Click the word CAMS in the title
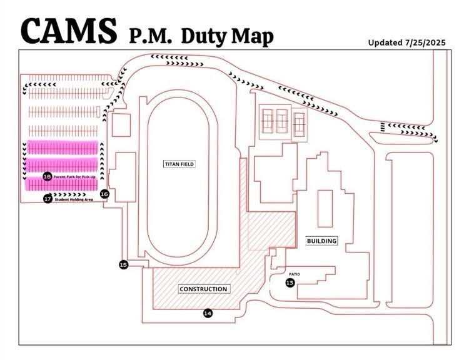69,29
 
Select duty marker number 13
290,283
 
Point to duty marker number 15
123,265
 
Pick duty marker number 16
104,194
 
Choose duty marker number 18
47,177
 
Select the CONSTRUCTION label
203,289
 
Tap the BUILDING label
321,241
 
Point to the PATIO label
295,274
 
